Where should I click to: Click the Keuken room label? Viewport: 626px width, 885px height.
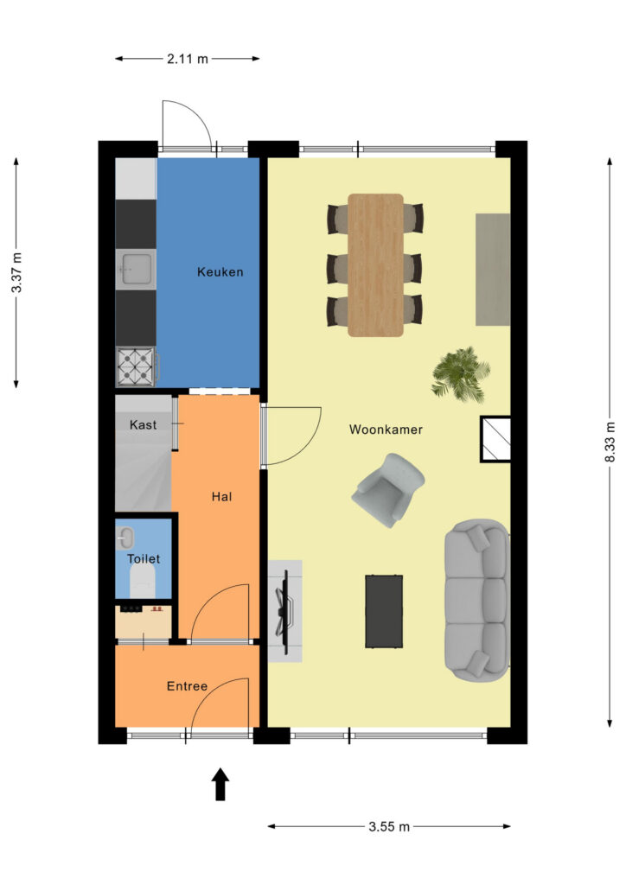coord(220,272)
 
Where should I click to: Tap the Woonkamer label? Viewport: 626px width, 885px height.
coord(386,430)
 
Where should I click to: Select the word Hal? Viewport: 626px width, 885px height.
coord(222,497)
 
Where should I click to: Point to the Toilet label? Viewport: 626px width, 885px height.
coord(144,559)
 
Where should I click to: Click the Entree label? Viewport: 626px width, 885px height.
coord(188,686)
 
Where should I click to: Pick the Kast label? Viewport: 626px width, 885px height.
coord(144,424)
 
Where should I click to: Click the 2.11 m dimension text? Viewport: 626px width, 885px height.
coord(188,58)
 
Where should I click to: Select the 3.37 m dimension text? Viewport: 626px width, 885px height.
coord(17,272)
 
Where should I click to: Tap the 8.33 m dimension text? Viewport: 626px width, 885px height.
coord(610,442)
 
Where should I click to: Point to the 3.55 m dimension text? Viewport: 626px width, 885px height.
coord(389,827)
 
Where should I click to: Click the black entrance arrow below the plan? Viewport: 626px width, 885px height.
coord(220,785)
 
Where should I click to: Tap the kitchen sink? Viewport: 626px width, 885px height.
coord(136,269)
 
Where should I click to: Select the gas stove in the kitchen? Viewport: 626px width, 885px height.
coord(136,366)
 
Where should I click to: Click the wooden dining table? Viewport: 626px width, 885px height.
coord(375,265)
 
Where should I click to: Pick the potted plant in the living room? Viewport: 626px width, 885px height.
coord(461,375)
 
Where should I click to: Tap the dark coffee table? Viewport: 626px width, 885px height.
coord(384,611)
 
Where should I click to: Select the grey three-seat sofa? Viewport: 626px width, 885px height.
coord(477,601)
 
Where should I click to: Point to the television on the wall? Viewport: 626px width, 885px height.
coord(284,612)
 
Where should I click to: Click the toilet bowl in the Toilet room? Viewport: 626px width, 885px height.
coord(142,582)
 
